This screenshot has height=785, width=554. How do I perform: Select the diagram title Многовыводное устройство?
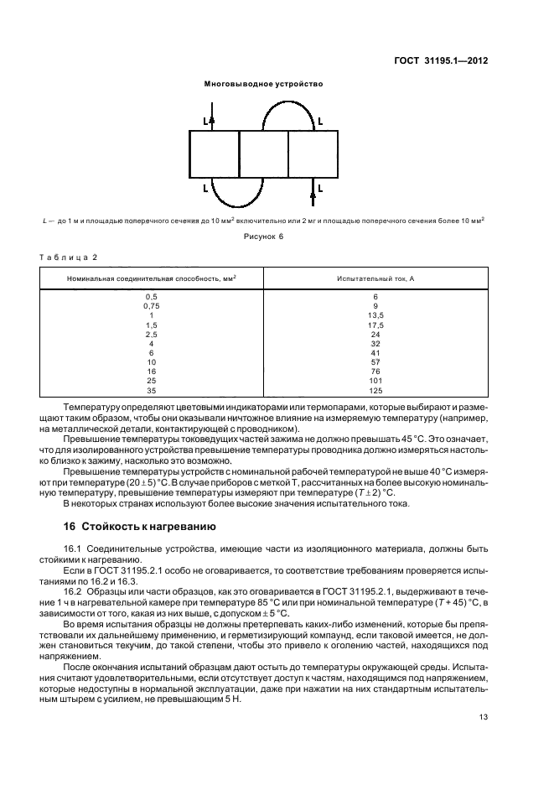click(x=263, y=84)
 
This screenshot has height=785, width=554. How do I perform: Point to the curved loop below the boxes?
click(x=238, y=195)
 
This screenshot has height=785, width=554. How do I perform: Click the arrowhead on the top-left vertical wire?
click(x=213, y=121)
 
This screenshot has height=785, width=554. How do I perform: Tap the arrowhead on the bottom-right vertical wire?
click(x=313, y=195)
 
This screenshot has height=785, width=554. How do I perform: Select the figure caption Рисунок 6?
click(x=264, y=236)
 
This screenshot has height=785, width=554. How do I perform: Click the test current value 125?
click(x=375, y=390)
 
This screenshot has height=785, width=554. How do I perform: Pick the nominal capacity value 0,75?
click(x=151, y=306)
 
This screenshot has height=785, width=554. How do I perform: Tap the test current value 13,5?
click(x=375, y=315)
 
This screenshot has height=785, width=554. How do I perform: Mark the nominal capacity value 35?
click(x=151, y=390)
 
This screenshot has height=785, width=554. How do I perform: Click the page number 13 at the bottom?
click(x=484, y=717)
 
